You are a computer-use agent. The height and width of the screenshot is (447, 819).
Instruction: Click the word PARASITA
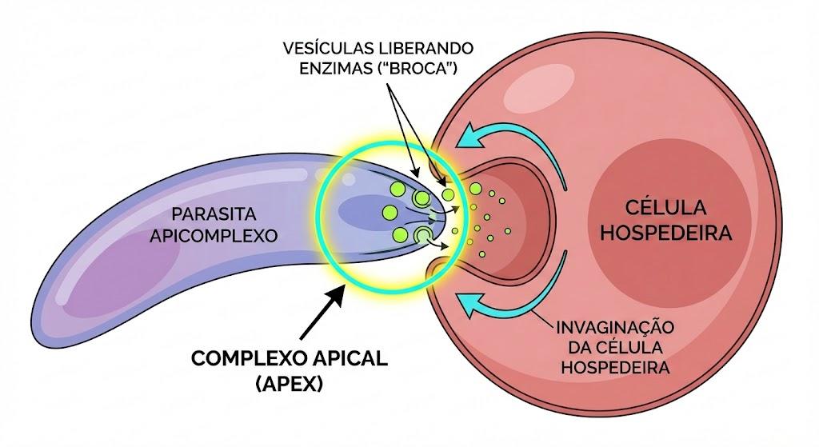point(214,214)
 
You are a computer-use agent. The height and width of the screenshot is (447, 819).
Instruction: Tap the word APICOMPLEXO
point(214,236)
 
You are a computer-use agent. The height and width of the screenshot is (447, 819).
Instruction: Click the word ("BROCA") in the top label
point(417,69)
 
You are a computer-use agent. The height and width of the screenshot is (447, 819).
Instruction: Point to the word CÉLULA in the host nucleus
point(666,207)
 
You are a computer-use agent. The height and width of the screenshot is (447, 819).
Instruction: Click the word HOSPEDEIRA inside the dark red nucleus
point(666,233)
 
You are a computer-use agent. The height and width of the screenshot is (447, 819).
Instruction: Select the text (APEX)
point(290,385)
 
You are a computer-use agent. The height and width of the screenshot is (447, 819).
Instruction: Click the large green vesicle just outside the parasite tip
point(475,189)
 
